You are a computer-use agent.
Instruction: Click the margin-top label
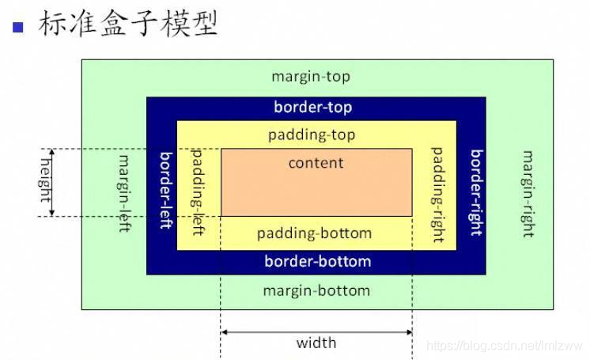pyautogui.click(x=310, y=77)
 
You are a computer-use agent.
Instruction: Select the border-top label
pyautogui.click(x=312, y=107)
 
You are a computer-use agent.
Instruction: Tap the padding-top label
pyautogui.click(x=312, y=135)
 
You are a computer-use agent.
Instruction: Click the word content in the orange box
pyautogui.click(x=316, y=163)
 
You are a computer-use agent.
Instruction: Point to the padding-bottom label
pyautogui.click(x=314, y=233)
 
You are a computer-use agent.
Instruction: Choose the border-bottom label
pyautogui.click(x=317, y=261)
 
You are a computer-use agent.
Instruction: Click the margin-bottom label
pyautogui.click(x=316, y=290)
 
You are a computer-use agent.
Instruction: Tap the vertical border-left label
pyautogui.click(x=166, y=191)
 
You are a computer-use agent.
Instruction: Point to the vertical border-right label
pyautogui.click(x=476, y=192)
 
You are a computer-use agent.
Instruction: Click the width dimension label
pyautogui.click(x=316, y=343)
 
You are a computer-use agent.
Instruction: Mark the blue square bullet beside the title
pyautogui.click(x=19, y=26)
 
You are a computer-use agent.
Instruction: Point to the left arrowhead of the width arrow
pyautogui.click(x=225, y=332)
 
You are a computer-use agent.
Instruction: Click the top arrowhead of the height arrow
pyautogui.click(x=52, y=152)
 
